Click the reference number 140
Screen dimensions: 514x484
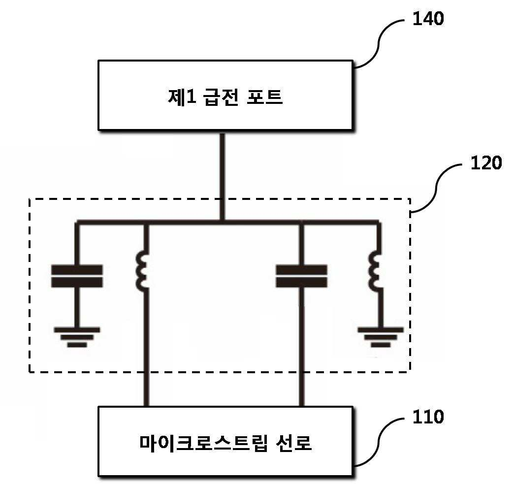point(428,19)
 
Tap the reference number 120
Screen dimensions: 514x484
point(486,162)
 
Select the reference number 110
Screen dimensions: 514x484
point(428,417)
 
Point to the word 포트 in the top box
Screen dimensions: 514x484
point(264,97)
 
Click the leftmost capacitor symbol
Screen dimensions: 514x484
point(77,276)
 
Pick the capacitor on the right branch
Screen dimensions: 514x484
point(302,276)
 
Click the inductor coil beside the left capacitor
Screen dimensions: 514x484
point(142,271)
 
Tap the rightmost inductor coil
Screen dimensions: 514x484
point(375,271)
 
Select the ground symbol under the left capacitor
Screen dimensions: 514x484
point(77,337)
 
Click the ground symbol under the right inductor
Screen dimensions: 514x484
point(381,337)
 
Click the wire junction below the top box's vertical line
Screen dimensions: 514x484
point(222,222)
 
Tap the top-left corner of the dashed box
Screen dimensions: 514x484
point(30,199)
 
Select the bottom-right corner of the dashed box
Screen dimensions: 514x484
point(410,372)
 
